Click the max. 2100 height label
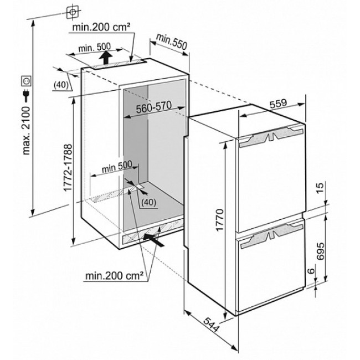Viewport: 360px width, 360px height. (x=27, y=130)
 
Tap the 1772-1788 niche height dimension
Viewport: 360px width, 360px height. (x=68, y=168)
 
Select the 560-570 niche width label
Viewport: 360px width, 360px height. (x=154, y=107)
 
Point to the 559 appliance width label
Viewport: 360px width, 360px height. (x=278, y=104)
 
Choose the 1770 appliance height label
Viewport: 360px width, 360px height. (x=219, y=220)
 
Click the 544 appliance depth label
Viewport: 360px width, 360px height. (x=212, y=325)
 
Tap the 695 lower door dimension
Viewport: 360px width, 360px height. (x=320, y=251)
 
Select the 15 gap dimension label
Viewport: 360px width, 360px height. (x=320, y=188)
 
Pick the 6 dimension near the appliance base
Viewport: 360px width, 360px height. (x=311, y=271)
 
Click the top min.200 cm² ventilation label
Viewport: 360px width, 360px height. (x=101, y=27)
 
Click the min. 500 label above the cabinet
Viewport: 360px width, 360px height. (x=94, y=48)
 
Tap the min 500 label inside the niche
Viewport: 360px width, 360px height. (x=117, y=167)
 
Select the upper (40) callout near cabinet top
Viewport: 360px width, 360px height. (x=61, y=85)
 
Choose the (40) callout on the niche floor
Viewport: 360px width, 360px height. (x=148, y=202)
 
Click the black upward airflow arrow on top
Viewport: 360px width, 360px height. (x=106, y=58)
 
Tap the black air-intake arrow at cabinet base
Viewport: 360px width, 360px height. (x=153, y=240)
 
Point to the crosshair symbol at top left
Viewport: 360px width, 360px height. (x=73, y=12)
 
